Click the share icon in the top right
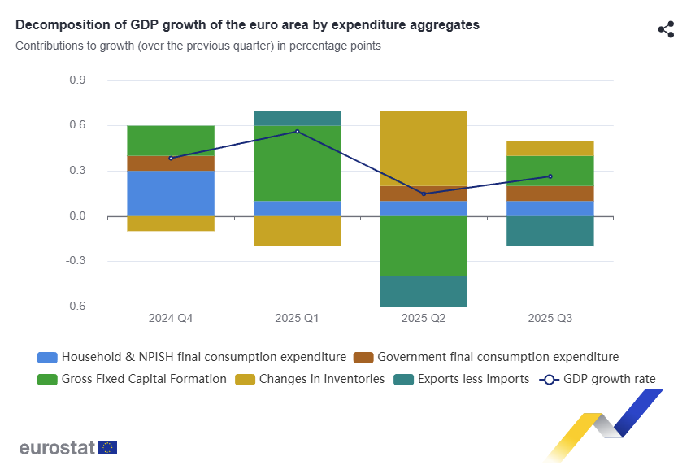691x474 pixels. point(666,30)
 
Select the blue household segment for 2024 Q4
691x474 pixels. point(171,194)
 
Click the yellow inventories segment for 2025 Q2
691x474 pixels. point(424,147)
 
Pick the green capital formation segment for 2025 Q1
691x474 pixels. point(297,163)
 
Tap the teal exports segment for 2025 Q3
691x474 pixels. point(550,231)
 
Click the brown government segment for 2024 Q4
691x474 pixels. point(171,163)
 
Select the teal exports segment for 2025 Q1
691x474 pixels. point(297,118)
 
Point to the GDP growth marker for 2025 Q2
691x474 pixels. point(424,194)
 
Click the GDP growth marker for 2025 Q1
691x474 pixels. point(297,132)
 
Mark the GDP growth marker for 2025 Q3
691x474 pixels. point(550,176)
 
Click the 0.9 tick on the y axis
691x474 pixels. point(78,80)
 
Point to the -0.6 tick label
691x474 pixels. point(76,307)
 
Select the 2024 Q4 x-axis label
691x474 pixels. point(171,319)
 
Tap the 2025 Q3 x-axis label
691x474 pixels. point(550,319)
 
